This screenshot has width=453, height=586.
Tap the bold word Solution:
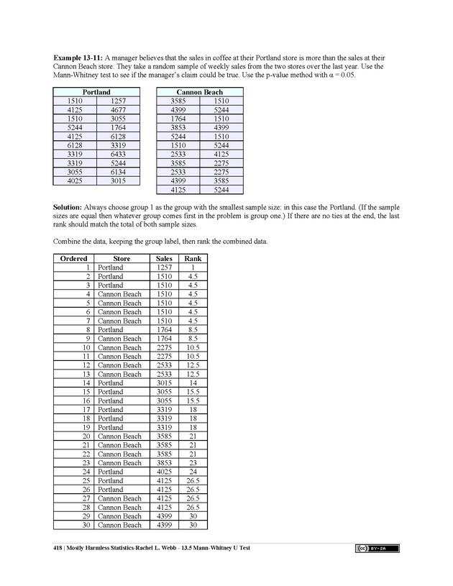tap(70, 206)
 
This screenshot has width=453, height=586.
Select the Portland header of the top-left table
tap(96, 92)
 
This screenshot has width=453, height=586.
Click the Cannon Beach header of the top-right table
tap(199, 92)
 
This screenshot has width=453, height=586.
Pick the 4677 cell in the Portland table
tap(119, 110)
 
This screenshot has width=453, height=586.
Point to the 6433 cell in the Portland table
tap(119, 154)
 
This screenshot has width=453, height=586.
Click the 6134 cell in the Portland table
tap(119, 172)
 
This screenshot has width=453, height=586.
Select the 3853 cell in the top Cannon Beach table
tap(178, 127)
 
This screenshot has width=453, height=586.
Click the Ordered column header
tap(73, 258)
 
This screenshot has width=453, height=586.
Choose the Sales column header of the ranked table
tap(164, 258)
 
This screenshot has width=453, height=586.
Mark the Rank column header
tap(193, 258)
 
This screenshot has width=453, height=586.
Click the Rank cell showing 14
tap(193, 383)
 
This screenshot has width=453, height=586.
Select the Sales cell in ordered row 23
tap(165, 463)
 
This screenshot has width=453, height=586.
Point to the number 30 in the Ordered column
tap(86, 525)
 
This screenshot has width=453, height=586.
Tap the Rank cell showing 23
tap(193, 463)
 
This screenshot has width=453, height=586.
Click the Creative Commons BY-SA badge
tap(377, 549)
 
